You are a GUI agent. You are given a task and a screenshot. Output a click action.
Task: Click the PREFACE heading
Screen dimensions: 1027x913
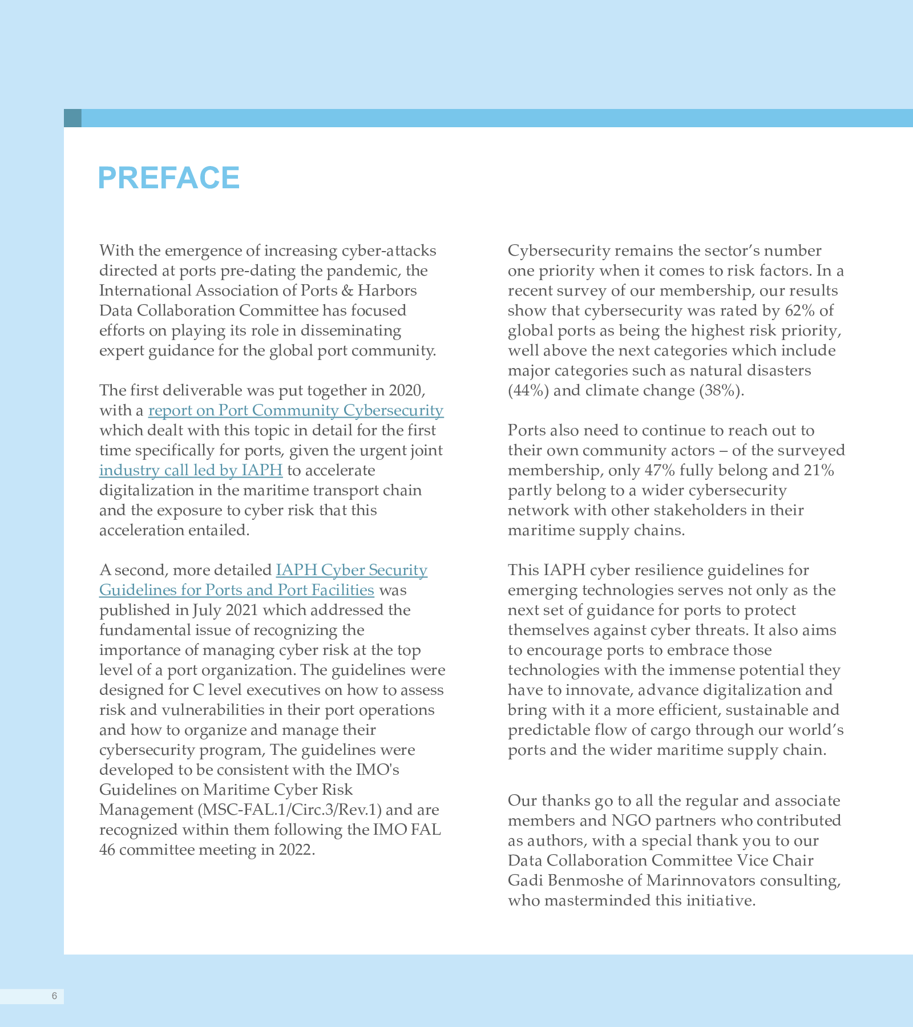(169, 177)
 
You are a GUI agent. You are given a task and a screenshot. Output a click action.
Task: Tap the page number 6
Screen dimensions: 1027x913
(54, 996)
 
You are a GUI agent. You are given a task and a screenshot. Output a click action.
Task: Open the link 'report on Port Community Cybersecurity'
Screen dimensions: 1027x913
(296, 410)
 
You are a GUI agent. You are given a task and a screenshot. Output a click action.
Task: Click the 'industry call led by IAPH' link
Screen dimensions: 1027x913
(191, 470)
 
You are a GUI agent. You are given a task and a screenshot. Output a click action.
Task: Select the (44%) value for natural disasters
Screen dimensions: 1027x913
(528, 390)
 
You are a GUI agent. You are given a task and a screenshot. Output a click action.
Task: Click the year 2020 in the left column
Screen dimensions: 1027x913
(406, 390)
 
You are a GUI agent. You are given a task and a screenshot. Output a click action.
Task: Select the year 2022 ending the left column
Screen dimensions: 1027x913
(296, 850)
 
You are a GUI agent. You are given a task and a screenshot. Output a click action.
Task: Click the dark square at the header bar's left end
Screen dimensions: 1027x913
(72, 118)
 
